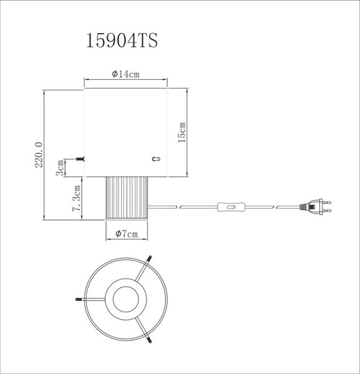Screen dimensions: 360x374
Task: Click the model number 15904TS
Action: (x=122, y=41)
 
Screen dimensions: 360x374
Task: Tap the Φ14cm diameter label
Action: (x=125, y=74)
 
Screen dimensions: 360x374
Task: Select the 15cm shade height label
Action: (x=182, y=132)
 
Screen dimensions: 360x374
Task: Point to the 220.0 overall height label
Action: (x=39, y=155)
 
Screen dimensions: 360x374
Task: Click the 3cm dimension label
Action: (x=60, y=168)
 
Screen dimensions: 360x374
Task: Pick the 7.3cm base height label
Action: (x=76, y=198)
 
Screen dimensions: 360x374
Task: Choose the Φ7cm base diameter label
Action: (x=127, y=234)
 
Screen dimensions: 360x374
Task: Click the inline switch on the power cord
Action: (x=231, y=207)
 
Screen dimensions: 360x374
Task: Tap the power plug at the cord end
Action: (x=315, y=206)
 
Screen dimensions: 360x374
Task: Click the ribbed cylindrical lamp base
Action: (x=127, y=198)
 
